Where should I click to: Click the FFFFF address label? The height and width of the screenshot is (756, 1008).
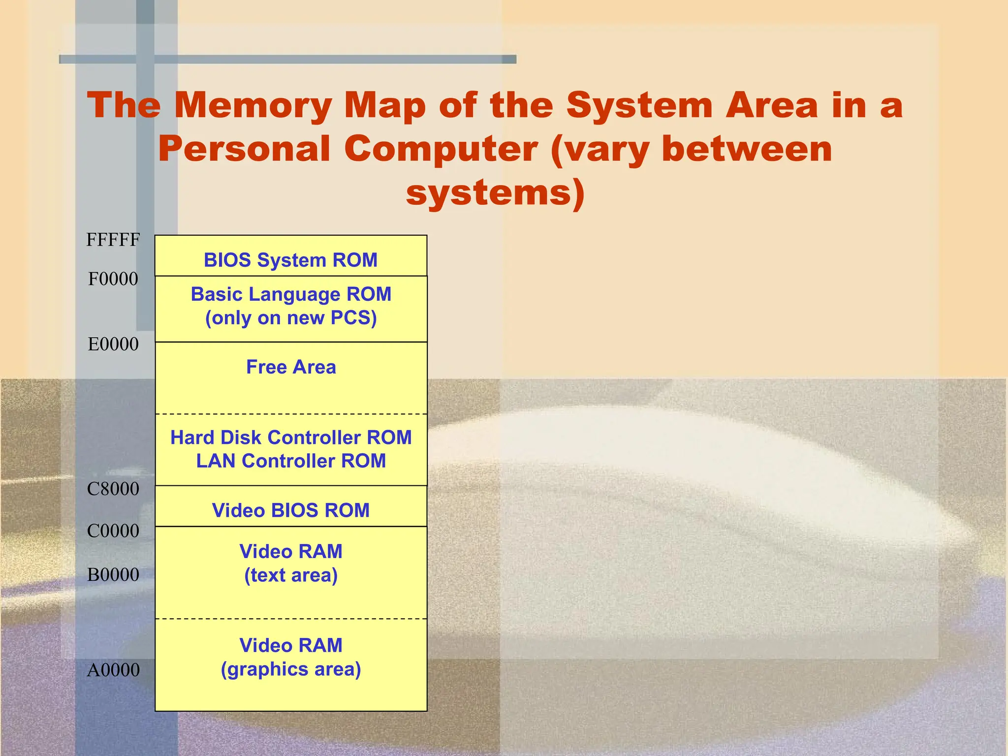(113, 240)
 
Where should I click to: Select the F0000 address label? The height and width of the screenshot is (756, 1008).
(113, 279)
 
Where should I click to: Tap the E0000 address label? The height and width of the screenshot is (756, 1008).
(113, 344)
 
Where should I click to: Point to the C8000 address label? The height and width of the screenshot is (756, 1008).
(113, 489)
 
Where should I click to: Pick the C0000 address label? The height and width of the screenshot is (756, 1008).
(113, 531)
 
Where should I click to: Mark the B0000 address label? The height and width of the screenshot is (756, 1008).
(113, 575)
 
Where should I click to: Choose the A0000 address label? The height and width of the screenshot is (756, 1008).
(113, 670)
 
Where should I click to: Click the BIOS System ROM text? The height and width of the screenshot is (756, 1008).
(291, 260)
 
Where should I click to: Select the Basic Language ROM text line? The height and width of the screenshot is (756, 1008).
(291, 294)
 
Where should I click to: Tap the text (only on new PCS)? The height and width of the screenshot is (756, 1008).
(291, 318)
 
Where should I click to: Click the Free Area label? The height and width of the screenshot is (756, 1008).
(291, 367)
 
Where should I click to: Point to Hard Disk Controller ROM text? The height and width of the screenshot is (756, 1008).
(291, 438)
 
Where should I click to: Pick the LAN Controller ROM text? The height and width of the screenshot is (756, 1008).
(291, 461)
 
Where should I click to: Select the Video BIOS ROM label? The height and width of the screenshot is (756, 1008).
(291, 510)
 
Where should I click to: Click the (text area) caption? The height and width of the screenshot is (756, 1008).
(291, 575)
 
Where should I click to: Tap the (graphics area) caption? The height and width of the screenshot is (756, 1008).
(291, 669)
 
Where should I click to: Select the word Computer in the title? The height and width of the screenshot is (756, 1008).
(441, 149)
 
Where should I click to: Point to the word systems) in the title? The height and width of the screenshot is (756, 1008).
(495, 193)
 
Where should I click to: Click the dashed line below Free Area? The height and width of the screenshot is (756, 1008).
(291, 414)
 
